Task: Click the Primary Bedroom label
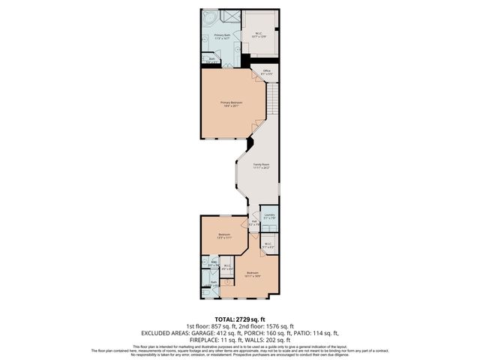[x=230, y=104]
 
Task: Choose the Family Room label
[x=260, y=166]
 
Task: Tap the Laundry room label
[x=268, y=216]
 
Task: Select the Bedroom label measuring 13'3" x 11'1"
[x=224, y=235]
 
